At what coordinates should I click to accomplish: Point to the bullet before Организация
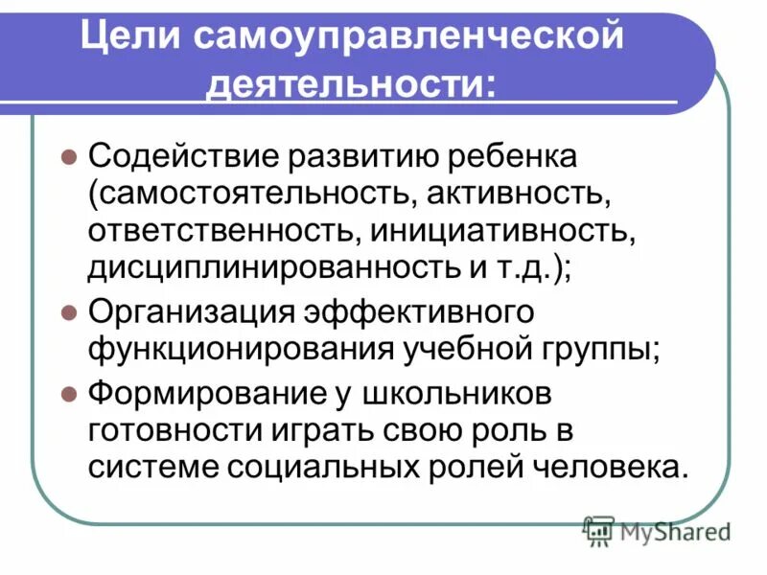click(x=68, y=311)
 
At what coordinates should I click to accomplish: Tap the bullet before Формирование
click(x=68, y=392)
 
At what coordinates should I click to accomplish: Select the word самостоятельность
click(x=247, y=195)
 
